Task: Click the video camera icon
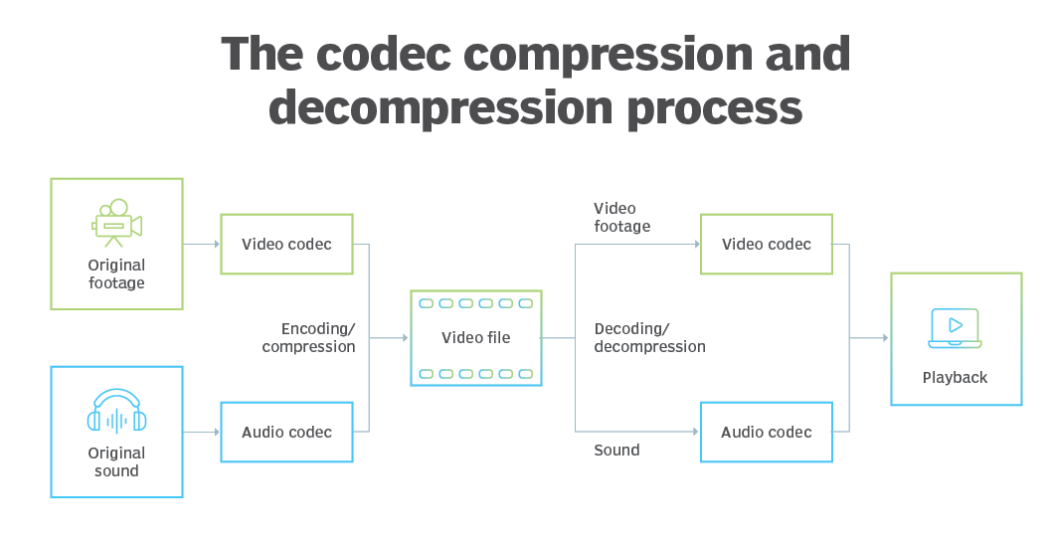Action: [x=116, y=223]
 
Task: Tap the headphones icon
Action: [x=116, y=411]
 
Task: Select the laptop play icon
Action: [x=955, y=328]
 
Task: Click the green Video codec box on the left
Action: [x=286, y=244]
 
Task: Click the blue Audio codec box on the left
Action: [x=286, y=432]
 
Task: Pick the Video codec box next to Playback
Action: [x=766, y=244]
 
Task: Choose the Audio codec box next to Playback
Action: [x=766, y=432]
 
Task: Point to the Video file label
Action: [x=475, y=338]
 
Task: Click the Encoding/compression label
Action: [x=309, y=337]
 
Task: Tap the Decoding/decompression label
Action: [x=649, y=337]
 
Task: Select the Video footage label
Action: [x=621, y=217]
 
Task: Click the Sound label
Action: [x=616, y=451]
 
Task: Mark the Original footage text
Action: [x=116, y=273]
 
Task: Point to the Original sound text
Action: [x=116, y=461]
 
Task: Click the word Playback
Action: [x=955, y=378]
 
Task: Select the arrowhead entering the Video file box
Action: [x=405, y=338]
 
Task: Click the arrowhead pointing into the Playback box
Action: [x=885, y=338]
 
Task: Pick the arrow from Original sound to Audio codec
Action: [x=201, y=432]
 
